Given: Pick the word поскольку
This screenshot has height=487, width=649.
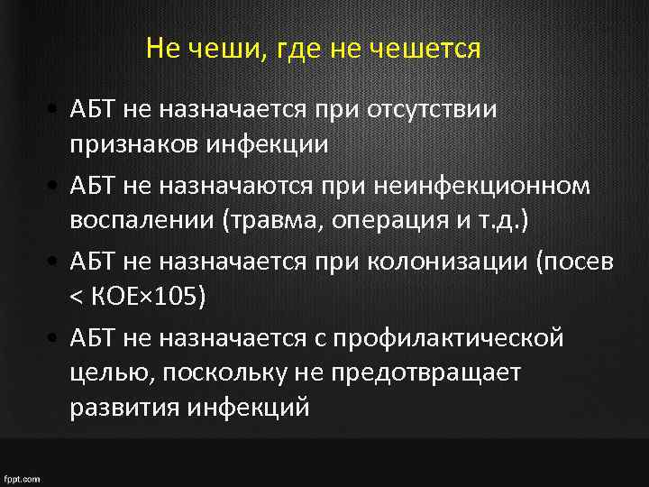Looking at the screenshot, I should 227,372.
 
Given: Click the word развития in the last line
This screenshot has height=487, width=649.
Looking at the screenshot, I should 125,407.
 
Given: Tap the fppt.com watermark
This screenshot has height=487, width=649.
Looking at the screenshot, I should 22,477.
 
